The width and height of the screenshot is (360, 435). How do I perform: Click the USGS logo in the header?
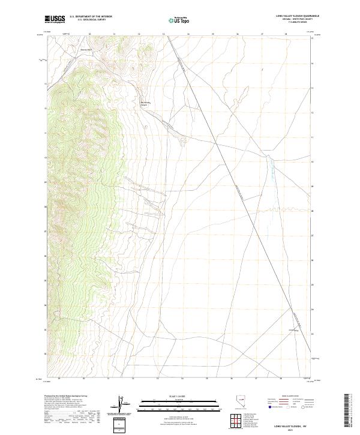click(55, 20)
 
